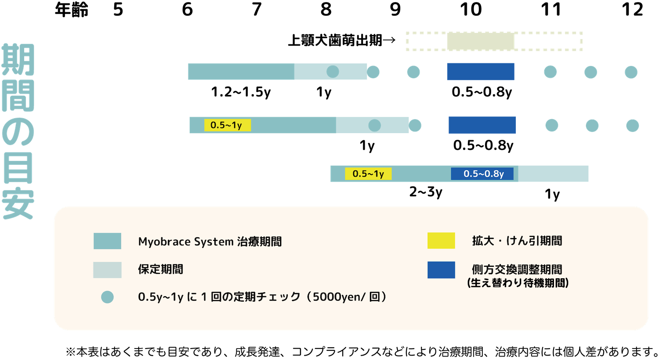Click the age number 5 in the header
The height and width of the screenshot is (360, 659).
click(x=118, y=9)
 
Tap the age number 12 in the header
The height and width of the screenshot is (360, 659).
click(x=632, y=9)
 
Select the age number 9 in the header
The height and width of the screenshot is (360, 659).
click(x=395, y=9)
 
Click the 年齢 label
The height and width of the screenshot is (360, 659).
click(x=71, y=9)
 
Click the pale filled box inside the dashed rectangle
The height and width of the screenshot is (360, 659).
click(x=481, y=41)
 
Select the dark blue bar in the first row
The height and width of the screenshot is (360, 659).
click(x=481, y=72)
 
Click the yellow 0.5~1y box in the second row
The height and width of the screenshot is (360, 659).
click(x=227, y=125)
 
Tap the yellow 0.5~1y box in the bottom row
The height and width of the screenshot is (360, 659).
click(x=368, y=174)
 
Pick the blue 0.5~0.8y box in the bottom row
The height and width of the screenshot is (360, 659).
click(x=482, y=174)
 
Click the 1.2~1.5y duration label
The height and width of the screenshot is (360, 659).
click(x=241, y=92)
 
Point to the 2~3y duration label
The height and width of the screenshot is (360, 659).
click(x=426, y=192)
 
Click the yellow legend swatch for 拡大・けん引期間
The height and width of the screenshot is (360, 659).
click(x=441, y=241)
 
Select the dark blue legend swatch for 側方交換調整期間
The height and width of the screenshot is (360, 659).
click(x=441, y=270)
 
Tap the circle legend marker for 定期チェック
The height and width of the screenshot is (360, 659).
click(x=107, y=297)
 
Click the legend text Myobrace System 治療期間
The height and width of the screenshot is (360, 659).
click(x=210, y=242)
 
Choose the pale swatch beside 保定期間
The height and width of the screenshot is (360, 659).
click(x=107, y=270)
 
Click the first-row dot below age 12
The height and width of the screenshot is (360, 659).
click(x=631, y=72)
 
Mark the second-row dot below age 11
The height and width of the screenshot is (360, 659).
click(x=552, y=126)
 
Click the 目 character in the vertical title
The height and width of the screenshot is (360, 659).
click(x=18, y=168)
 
